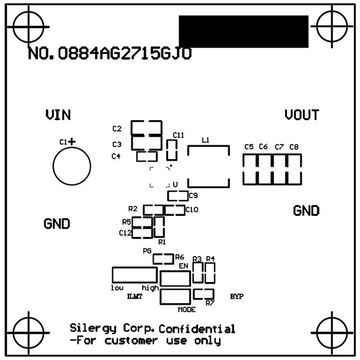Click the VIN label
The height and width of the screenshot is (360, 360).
(58, 115)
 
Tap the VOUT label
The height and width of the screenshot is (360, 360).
(302, 115)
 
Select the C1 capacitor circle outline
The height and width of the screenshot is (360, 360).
(71, 167)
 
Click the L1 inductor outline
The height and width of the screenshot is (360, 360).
(208, 166)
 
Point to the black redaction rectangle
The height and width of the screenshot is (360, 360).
(243, 32)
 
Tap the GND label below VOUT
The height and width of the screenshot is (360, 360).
(306, 211)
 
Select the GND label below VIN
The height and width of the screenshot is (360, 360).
(57, 224)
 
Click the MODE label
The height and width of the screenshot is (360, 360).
(187, 310)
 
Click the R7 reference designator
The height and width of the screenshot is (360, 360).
(209, 303)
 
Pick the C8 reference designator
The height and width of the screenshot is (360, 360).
(293, 147)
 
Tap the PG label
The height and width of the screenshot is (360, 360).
(147, 251)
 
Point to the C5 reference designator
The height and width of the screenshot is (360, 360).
(249, 147)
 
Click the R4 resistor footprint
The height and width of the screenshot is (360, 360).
(210, 273)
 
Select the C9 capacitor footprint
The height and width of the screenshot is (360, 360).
(177, 196)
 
